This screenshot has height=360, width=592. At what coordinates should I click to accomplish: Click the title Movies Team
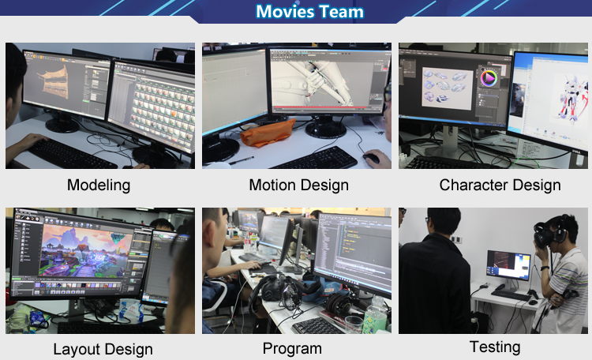click(309, 11)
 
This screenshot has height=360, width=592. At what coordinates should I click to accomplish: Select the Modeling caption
click(99, 185)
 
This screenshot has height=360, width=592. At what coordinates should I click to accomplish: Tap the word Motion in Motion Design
click(272, 185)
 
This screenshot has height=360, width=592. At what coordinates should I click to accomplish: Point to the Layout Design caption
click(103, 350)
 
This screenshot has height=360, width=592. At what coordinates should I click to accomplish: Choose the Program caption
click(292, 349)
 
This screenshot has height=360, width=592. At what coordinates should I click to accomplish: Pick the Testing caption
click(495, 347)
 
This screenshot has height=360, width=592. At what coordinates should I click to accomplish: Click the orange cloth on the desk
click(268, 132)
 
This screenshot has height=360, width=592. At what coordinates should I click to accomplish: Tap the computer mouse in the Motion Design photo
click(371, 158)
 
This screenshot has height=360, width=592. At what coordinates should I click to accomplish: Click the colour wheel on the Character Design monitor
click(489, 78)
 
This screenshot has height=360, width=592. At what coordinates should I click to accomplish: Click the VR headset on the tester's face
click(545, 235)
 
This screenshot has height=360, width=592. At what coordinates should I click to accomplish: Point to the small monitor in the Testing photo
click(508, 265)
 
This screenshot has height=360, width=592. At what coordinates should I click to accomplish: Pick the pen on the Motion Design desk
click(242, 160)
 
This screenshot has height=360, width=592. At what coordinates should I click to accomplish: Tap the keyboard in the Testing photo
click(511, 295)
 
